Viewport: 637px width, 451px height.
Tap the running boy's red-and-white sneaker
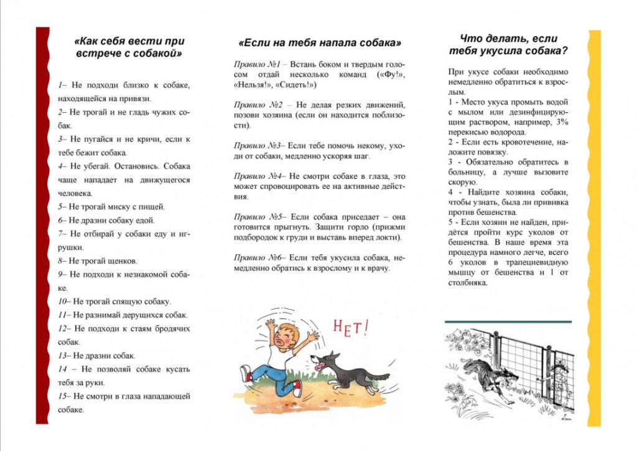click(246, 373)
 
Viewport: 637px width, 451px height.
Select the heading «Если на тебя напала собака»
click(320, 43)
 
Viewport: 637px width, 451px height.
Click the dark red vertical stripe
click(42, 224)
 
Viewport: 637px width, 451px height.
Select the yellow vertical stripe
click(595, 224)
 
